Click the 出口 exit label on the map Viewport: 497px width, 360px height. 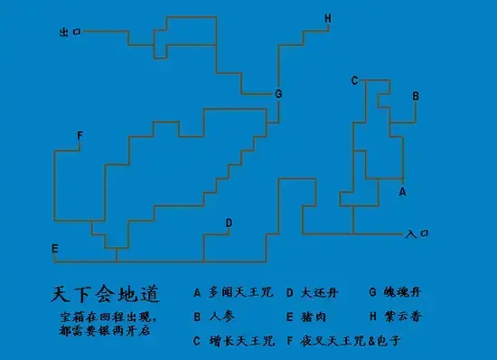tap(70, 32)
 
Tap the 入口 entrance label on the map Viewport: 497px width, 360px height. tap(417, 233)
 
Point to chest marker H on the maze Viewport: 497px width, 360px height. tap(327, 18)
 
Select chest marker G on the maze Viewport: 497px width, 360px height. tap(278, 94)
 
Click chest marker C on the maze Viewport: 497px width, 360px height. tap(355, 81)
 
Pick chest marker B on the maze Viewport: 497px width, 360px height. tap(415, 95)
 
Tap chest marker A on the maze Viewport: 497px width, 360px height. tap(402, 192)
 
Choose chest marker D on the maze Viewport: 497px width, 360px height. tap(229, 223)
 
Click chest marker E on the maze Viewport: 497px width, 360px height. tap(55, 249)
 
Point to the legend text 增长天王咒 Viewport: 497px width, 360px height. tap(239, 341)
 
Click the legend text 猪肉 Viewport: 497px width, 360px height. tap(312, 317)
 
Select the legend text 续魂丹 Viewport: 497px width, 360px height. tap(401, 293)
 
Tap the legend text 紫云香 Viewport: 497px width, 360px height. tap(401, 317)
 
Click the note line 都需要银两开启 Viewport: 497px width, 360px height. tap(105, 332)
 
